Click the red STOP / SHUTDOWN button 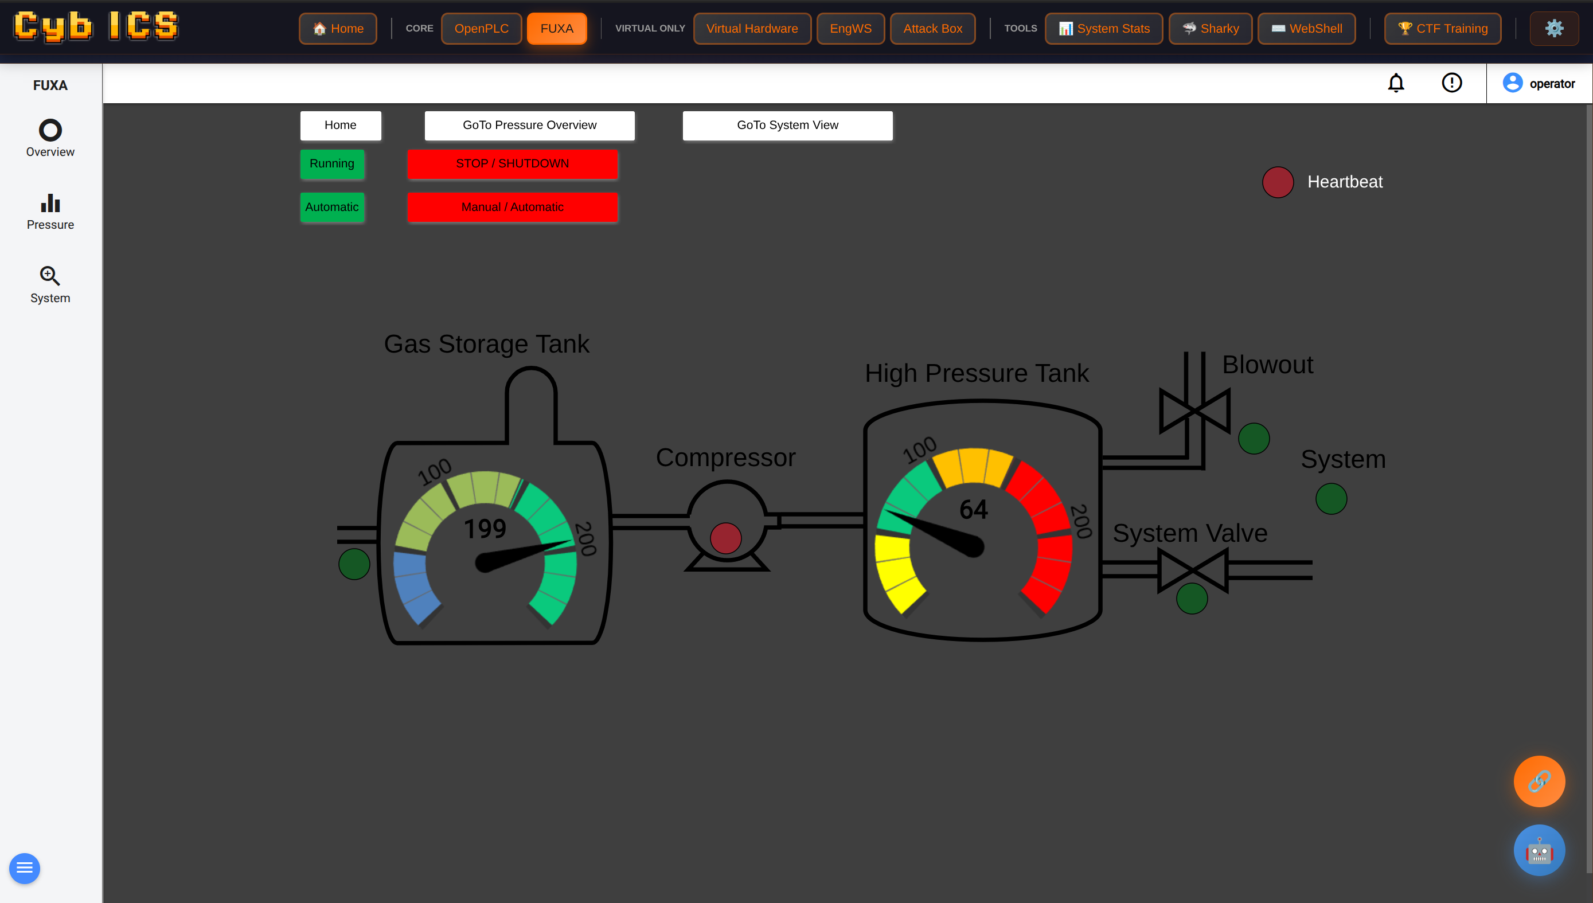[513, 164]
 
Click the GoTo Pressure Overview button [529, 126]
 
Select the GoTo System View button [787, 126]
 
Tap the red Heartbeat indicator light [1277, 182]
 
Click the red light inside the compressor [725, 538]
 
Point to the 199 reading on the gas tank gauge [485, 529]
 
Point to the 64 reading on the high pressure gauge [973, 509]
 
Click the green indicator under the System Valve [1191, 599]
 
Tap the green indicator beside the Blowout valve [1253, 439]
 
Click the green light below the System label [1330, 499]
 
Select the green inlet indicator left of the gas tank [354, 564]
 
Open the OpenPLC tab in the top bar [481, 29]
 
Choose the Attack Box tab [932, 29]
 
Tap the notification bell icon [1395, 83]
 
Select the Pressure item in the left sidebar [50, 212]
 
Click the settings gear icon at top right [1553, 29]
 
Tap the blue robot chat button [1539, 850]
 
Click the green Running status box [332, 164]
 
